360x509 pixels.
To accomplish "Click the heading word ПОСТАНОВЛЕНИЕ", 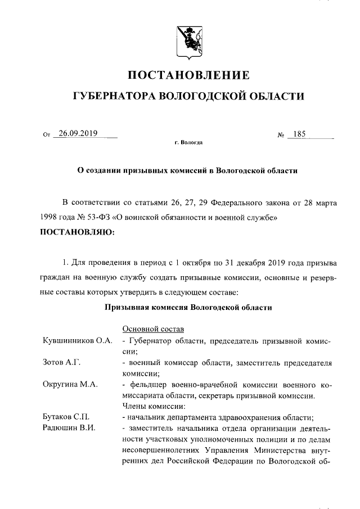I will [188, 75].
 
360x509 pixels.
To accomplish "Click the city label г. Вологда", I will [188, 143].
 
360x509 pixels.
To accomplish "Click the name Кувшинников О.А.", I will [78, 341].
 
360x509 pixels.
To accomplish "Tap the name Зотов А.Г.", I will [62, 362].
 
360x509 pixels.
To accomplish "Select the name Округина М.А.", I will [71, 384].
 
